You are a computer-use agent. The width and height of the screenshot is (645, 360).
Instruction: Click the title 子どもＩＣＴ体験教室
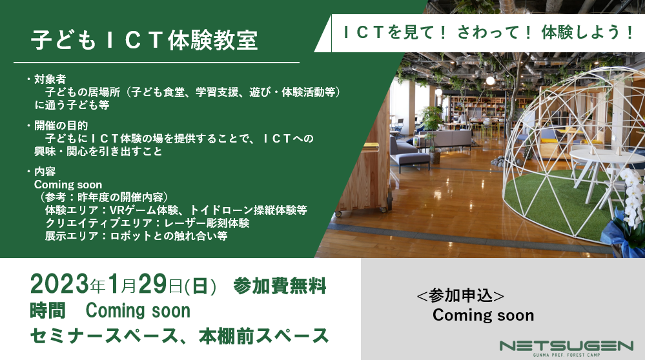point(145,40)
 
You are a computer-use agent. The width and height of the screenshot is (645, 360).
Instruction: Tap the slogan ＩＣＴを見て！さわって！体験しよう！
point(488,32)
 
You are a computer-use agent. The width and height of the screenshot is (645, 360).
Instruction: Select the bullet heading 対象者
point(50,79)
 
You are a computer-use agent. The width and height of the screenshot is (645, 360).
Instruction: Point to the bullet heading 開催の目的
point(61,125)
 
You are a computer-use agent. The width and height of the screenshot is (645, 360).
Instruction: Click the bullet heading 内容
point(45,172)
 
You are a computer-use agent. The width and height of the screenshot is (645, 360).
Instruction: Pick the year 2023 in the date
point(59,285)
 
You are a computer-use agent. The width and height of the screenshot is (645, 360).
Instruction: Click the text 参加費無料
point(280,286)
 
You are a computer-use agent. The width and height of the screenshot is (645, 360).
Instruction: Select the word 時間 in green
point(48,311)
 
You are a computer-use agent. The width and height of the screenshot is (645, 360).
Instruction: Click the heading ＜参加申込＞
point(460,296)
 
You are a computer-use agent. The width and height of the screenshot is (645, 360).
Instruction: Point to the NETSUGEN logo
point(566,348)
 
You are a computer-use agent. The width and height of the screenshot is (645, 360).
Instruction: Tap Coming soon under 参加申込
point(484,315)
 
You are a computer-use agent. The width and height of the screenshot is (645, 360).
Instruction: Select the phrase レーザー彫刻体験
point(207,223)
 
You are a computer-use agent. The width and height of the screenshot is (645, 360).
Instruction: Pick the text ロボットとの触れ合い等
point(169,236)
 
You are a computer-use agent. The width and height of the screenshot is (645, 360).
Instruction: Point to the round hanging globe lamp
point(490,81)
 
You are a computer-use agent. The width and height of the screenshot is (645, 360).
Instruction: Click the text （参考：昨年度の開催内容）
point(104,197)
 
